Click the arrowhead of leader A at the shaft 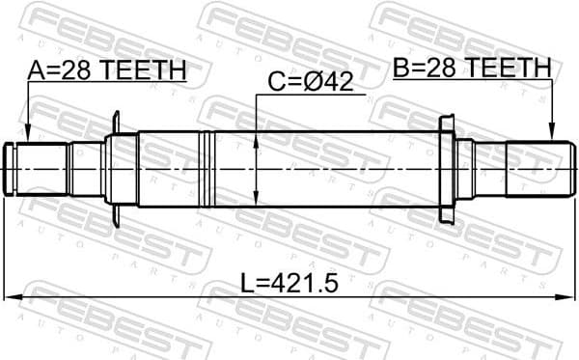tap(27, 137)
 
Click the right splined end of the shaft tap(536, 168)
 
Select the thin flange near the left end tap(117, 168)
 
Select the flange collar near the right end tap(447, 168)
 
